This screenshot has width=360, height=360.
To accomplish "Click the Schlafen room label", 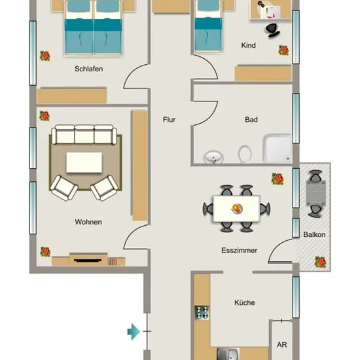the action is [x=88, y=69].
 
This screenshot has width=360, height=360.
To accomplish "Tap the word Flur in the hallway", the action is [x=170, y=120].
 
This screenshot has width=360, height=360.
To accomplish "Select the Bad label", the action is [x=251, y=120].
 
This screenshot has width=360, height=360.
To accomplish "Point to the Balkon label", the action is [x=314, y=234].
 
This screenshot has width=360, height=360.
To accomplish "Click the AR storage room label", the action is [x=281, y=344].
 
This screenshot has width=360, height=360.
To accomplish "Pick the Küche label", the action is [x=245, y=302].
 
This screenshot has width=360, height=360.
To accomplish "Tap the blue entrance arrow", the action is [x=134, y=332].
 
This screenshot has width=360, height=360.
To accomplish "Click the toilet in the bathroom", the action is [x=245, y=154].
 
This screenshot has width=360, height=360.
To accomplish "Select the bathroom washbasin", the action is [x=213, y=157].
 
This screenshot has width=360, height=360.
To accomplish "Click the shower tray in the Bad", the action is [x=278, y=149].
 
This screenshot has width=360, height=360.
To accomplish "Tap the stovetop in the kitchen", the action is [x=202, y=312].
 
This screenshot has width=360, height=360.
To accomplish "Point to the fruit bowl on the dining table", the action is [x=237, y=208].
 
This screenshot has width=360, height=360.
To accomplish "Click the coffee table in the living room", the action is [x=84, y=162].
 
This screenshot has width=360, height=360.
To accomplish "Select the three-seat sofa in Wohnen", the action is [x=84, y=134].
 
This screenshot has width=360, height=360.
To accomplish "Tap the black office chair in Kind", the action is [x=273, y=30].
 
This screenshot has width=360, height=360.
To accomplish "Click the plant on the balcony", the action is [x=320, y=262].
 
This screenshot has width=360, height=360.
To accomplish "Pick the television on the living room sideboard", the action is [x=88, y=261].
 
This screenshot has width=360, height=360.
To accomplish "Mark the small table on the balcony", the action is [x=316, y=193].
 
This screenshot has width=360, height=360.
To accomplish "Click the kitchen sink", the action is [x=227, y=354].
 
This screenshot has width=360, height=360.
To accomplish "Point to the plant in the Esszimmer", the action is [x=278, y=179].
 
